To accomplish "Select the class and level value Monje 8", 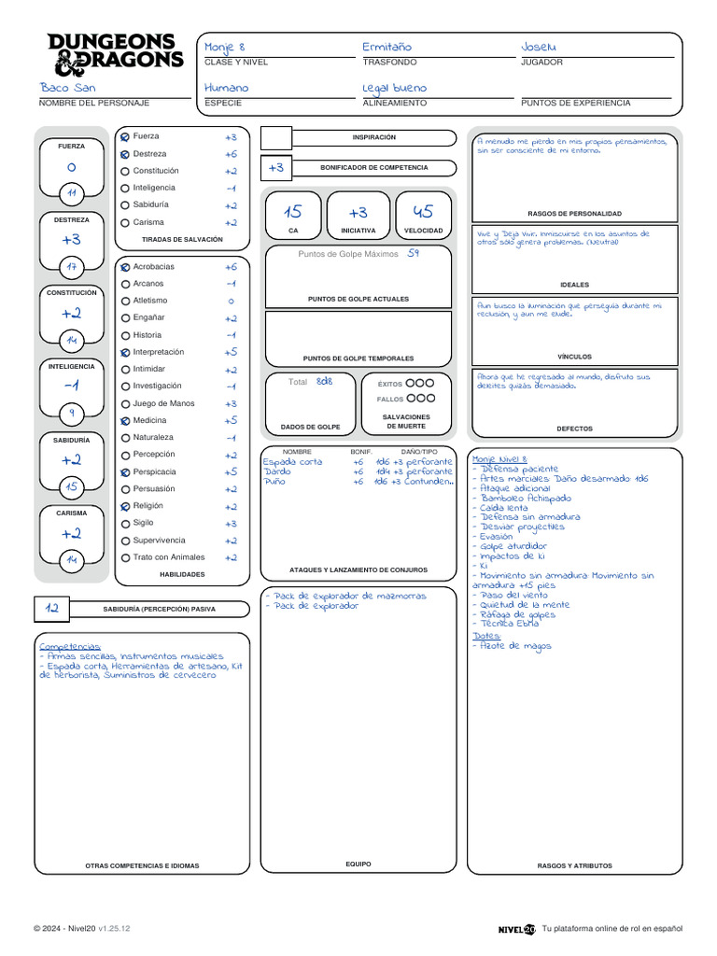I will pyautogui.click(x=225, y=47).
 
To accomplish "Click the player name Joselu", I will pyautogui.click(x=539, y=47).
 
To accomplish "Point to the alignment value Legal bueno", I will pyautogui.click(x=394, y=88).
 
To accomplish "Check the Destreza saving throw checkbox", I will pyautogui.click(x=125, y=154).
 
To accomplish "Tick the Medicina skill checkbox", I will pyautogui.click(x=125, y=421).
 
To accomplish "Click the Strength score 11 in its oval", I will pyautogui.click(x=72, y=193).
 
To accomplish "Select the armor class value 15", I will pyautogui.click(x=293, y=212).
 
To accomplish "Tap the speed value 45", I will pyautogui.click(x=423, y=212).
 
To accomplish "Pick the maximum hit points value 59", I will pyautogui.click(x=414, y=253).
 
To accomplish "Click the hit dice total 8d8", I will pyautogui.click(x=324, y=381).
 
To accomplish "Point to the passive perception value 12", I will pyautogui.click(x=52, y=608).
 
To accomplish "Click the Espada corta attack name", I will pyautogui.click(x=293, y=462).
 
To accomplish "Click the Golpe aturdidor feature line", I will pyautogui.click(x=513, y=546).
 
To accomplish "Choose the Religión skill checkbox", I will pyautogui.click(x=125, y=507).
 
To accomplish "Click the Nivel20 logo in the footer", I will pyautogui.click(x=516, y=929).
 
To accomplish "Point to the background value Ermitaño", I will pyautogui.click(x=387, y=47).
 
